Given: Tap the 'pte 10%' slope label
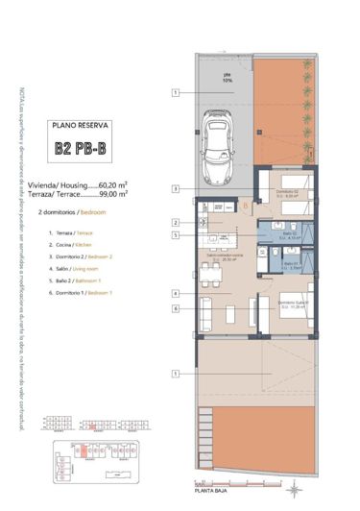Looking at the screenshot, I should pyautogui.click(x=228, y=80).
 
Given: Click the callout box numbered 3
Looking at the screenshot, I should pyautogui.click(x=176, y=188).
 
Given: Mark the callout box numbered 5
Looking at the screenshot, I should pyautogui.click(x=176, y=235).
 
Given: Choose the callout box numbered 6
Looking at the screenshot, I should pyautogui.click(x=176, y=308).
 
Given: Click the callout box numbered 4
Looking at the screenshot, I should pyautogui.click(x=176, y=293).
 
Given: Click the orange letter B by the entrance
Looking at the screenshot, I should pyautogui.click(x=246, y=205).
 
